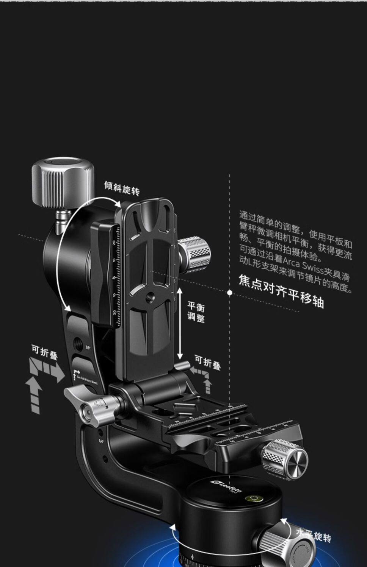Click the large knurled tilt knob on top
pyautogui.click(x=63, y=176)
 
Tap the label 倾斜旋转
pyautogui.click(x=122, y=188)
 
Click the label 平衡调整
pyautogui.click(x=196, y=312)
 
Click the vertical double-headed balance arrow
pyautogui.click(x=180, y=324)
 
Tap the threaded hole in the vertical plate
pyautogui.click(x=150, y=295)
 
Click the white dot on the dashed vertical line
pyautogui.click(x=230, y=293)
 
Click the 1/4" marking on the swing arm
pyautogui.click(x=101, y=441)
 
